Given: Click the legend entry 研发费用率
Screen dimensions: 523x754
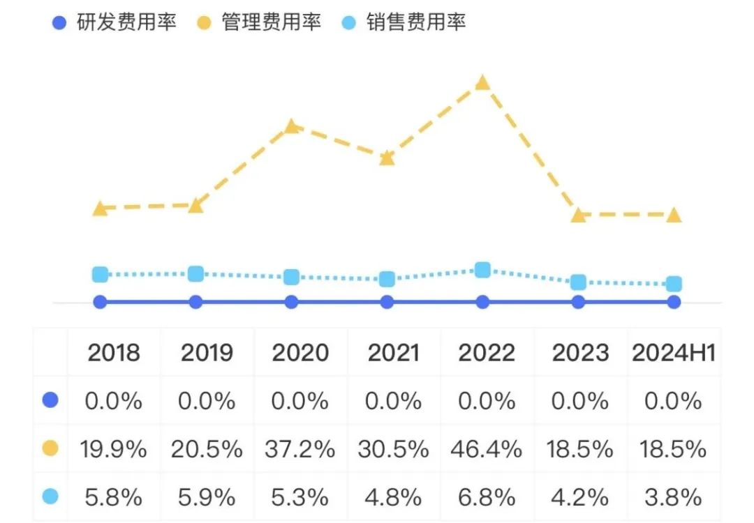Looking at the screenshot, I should click(x=114, y=22).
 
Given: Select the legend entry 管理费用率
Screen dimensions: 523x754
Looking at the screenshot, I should click(x=259, y=22).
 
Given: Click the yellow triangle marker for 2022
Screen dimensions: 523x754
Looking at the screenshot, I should click(x=482, y=83).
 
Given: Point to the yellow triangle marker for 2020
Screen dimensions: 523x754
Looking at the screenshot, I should click(x=292, y=126).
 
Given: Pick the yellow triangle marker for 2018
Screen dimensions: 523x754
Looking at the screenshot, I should click(x=101, y=208).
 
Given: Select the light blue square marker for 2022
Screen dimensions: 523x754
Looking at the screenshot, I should click(x=482, y=270).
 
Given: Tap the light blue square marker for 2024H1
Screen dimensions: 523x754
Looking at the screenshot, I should click(x=674, y=284).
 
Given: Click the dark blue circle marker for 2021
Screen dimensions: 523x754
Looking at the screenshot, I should click(x=387, y=302).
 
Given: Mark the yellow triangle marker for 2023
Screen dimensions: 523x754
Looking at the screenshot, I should click(x=578, y=215).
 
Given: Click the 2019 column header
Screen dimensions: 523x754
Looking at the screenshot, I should click(x=207, y=353).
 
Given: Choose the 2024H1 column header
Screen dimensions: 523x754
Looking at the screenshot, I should click(x=674, y=353).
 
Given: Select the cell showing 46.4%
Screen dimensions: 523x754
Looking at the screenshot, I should click(x=487, y=449).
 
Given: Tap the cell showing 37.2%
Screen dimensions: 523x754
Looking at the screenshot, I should click(x=300, y=449).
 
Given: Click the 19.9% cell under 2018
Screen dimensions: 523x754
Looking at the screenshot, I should click(x=114, y=449).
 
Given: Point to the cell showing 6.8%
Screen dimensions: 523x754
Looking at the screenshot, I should click(x=487, y=497).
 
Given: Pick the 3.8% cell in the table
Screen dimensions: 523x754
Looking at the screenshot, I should click(x=674, y=497).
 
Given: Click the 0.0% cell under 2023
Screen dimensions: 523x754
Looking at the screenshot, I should click(x=581, y=401).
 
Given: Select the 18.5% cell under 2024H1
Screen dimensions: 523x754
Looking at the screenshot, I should click(x=674, y=449).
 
